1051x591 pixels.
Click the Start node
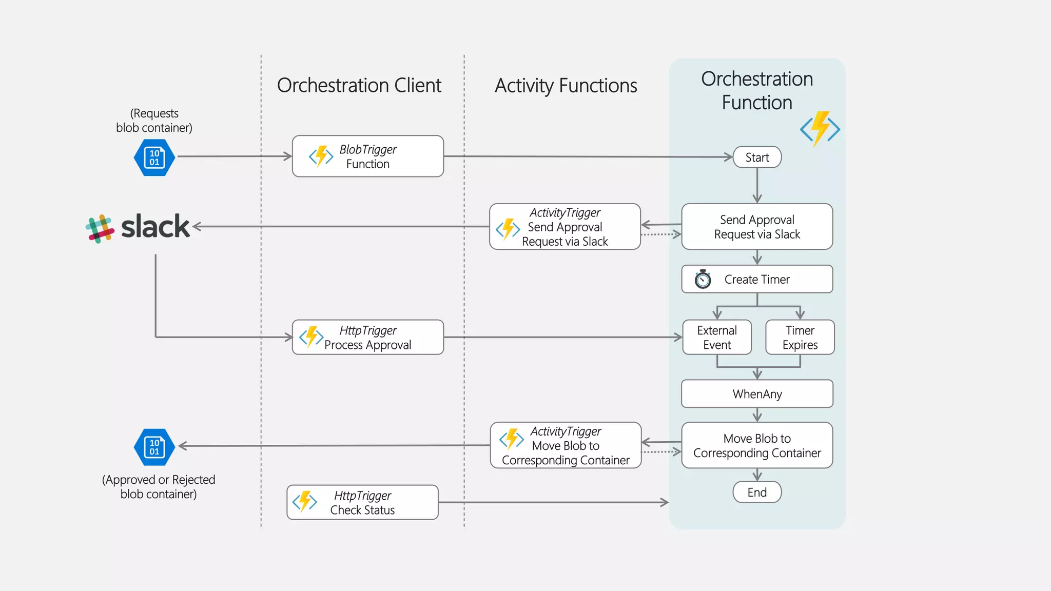pyautogui.click(x=757, y=157)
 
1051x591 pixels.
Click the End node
pyautogui.click(x=757, y=492)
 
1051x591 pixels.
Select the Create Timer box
pyautogui.click(x=757, y=279)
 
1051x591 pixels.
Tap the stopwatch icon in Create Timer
pyautogui.click(x=703, y=279)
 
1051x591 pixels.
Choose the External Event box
pyautogui.click(x=717, y=337)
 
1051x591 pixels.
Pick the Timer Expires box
pyautogui.click(x=800, y=337)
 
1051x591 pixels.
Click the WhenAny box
pyautogui.click(x=757, y=393)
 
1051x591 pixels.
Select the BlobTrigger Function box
pyautogui.click(x=367, y=156)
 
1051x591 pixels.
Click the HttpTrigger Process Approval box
pyautogui.click(x=367, y=337)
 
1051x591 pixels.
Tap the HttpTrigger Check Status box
pyautogui.click(x=362, y=502)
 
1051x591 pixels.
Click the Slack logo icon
pyautogui.click(x=100, y=228)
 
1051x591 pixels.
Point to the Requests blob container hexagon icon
pyautogui.click(x=154, y=157)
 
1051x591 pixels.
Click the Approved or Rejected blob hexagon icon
pyautogui.click(x=154, y=447)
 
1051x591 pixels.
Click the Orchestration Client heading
pyautogui.click(x=359, y=85)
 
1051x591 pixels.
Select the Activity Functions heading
pyautogui.click(x=566, y=85)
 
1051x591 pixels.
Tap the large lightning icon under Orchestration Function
pyautogui.click(x=820, y=128)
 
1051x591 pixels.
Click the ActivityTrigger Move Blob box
pyautogui.click(x=566, y=445)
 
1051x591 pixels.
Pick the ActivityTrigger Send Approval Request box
pyautogui.click(x=565, y=227)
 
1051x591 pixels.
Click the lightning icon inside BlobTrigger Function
pyautogui.click(x=321, y=156)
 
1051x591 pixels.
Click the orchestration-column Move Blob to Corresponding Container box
pyautogui.click(x=757, y=445)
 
